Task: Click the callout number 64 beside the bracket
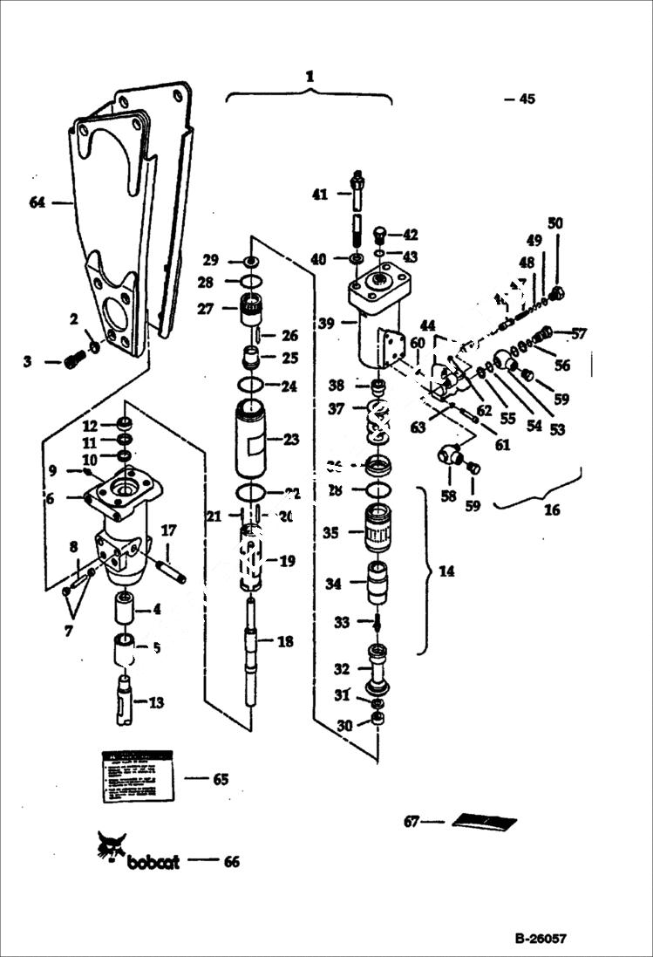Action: point(37,202)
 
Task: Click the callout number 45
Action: point(527,99)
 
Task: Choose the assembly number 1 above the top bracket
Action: point(309,77)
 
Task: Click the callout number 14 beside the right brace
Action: point(446,571)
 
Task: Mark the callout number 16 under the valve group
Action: point(552,510)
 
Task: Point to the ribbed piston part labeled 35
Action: point(378,528)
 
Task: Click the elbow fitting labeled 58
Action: point(450,455)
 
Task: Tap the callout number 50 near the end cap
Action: point(555,223)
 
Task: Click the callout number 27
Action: point(207,308)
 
